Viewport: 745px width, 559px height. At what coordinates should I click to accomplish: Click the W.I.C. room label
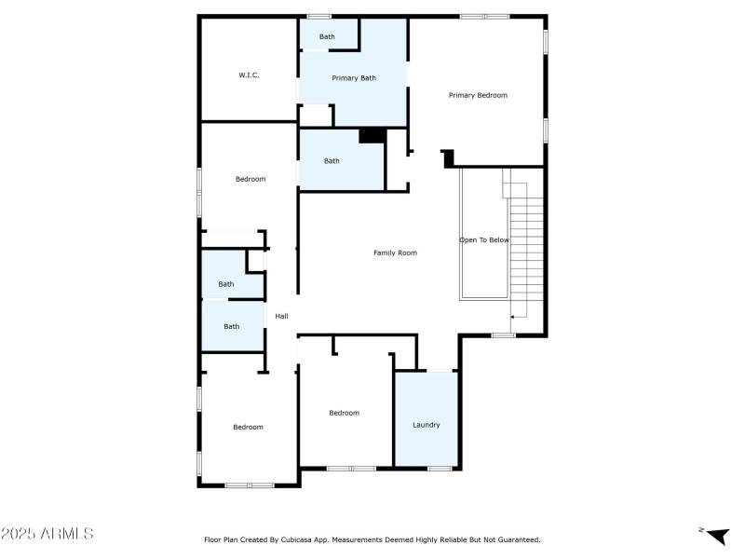248,75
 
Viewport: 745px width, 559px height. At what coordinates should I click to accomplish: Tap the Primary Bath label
354,78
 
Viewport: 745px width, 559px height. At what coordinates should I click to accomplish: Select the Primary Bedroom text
478,95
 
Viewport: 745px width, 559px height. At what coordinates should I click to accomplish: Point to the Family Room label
395,252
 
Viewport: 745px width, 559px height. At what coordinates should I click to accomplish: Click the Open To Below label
484,240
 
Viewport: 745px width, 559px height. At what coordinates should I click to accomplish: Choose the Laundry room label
426,425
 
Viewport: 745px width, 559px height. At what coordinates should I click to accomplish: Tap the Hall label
281,316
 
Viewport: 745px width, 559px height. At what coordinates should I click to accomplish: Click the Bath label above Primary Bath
327,37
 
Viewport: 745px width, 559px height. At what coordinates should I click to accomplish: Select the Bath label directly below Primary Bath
332,161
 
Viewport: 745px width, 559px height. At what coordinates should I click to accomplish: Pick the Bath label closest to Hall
231,326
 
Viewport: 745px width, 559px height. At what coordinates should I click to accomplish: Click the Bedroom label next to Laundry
344,413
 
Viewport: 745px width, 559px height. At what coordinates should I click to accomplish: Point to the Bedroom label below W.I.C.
250,179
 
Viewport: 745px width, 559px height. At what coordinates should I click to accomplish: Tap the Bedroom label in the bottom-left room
248,427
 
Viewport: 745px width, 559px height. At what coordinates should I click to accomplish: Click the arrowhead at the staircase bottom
513,316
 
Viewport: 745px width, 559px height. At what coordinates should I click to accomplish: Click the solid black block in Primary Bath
372,136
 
